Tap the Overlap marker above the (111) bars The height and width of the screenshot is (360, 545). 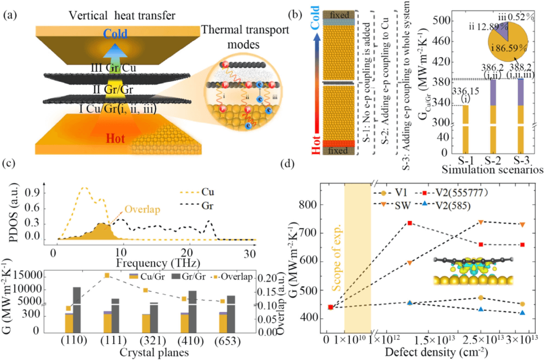[x=106, y=275]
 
